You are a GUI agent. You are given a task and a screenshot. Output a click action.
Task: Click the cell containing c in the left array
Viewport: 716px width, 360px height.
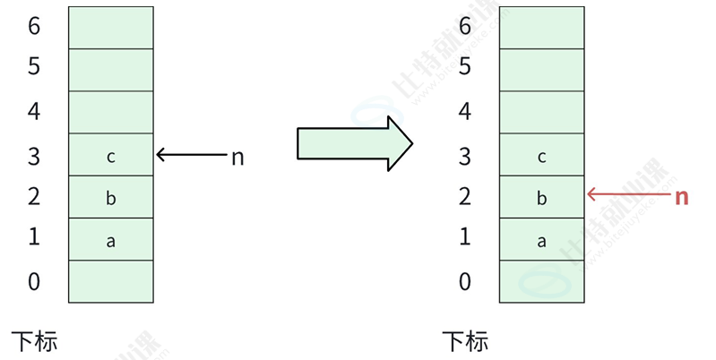pyautogui.click(x=111, y=156)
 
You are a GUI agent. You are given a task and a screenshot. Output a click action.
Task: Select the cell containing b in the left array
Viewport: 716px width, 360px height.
pyautogui.click(x=111, y=198)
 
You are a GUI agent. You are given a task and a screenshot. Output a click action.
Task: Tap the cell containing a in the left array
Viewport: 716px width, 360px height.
pyautogui.click(x=111, y=240)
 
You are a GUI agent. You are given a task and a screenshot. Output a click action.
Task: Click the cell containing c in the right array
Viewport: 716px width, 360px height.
pyautogui.click(x=541, y=156)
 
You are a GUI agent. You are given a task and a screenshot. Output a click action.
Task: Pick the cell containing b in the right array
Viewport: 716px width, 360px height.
pyautogui.click(x=541, y=198)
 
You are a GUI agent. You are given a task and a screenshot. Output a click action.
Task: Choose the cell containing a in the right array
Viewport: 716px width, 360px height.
pyautogui.click(x=541, y=240)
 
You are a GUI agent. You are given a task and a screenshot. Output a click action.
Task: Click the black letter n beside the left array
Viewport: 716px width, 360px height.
pyautogui.click(x=237, y=157)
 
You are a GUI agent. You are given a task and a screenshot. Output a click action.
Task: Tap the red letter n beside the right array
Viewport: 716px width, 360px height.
pyautogui.click(x=681, y=197)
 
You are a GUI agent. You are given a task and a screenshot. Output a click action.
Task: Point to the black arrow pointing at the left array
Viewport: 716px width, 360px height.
pyautogui.click(x=191, y=155)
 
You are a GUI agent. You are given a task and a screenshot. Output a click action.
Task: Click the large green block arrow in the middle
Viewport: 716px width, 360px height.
pyautogui.click(x=354, y=142)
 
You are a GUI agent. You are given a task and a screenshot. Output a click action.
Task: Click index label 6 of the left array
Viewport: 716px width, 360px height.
pyautogui.click(x=34, y=27)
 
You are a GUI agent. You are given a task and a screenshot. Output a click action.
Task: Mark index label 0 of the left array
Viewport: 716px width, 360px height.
pyautogui.click(x=34, y=282)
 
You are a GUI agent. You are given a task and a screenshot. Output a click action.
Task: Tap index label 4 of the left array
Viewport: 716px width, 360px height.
pyautogui.click(x=34, y=112)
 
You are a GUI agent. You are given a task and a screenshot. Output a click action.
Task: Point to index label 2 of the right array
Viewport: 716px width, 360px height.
pyautogui.click(x=465, y=197)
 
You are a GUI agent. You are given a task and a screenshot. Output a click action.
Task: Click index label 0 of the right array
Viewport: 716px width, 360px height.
pyautogui.click(x=465, y=282)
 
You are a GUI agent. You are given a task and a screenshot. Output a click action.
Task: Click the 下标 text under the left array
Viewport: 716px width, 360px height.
pyautogui.click(x=35, y=341)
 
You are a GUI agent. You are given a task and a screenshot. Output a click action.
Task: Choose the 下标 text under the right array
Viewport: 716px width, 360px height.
pyautogui.click(x=465, y=341)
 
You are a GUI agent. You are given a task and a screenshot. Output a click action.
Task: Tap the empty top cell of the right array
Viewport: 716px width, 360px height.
pyautogui.click(x=541, y=28)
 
